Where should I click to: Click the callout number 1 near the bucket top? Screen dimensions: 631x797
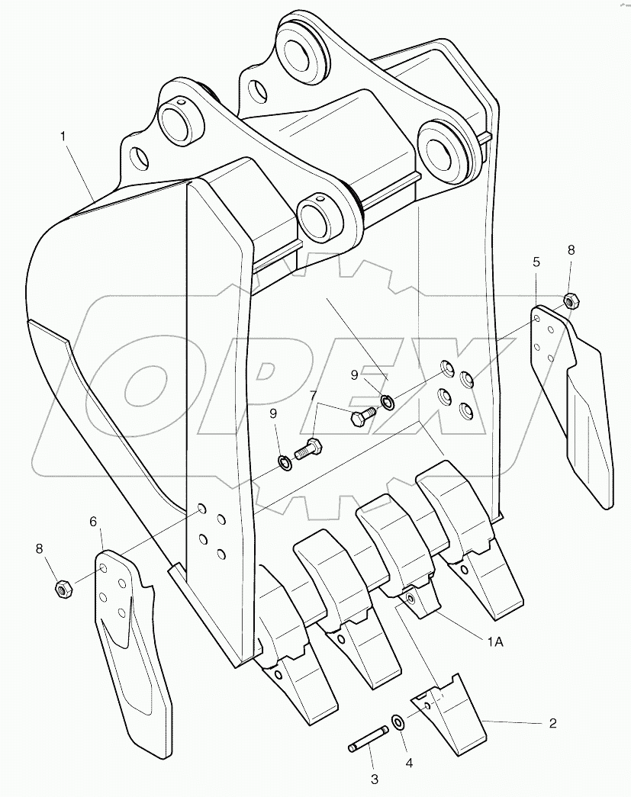tap(65, 137)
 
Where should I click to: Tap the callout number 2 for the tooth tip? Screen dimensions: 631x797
tap(552, 723)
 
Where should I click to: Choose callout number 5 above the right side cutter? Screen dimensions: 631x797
tap(537, 262)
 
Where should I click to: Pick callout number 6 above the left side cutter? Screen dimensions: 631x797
tap(94, 522)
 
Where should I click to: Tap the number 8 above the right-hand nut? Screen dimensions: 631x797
tap(571, 249)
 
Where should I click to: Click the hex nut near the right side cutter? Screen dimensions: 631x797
tap(570, 300)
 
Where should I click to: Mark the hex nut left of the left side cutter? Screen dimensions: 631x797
tap(64, 588)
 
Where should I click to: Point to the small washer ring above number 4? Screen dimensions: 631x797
tap(398, 722)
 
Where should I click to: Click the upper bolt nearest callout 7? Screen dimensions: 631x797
tap(361, 417)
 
